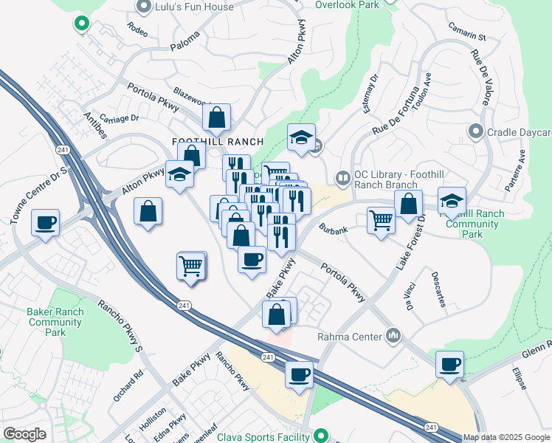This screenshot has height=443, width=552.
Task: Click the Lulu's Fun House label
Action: (x=194, y=7)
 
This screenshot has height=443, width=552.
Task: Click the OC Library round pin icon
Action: (x=342, y=177)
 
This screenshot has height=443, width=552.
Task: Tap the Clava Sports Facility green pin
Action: (x=320, y=435)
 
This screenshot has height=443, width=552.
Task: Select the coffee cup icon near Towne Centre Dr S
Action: (x=45, y=222)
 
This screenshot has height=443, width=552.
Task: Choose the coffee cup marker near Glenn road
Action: (x=449, y=364)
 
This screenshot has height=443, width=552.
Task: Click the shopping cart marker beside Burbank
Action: (x=381, y=220)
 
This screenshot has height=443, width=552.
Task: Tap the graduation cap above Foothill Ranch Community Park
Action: (x=452, y=200)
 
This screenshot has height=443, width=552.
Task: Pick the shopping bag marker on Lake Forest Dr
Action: (x=408, y=205)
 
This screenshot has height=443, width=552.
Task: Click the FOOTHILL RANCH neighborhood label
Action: (x=207, y=141)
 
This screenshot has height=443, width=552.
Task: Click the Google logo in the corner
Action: (x=25, y=434)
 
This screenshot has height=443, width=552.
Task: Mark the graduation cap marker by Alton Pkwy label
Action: (x=179, y=174)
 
